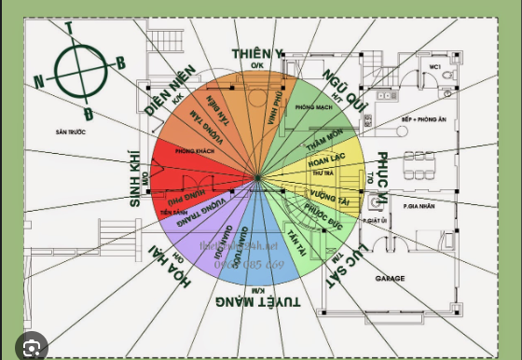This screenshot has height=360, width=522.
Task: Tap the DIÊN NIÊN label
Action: coord(170,90)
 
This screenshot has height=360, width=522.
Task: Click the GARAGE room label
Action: coord(390,278)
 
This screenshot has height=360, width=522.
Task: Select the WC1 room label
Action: coord(435,68)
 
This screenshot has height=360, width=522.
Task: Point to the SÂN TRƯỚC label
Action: coord(70,132)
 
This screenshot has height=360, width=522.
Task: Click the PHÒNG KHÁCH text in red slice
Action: coord(194,150)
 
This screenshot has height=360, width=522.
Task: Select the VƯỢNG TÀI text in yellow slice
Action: coord(328,198)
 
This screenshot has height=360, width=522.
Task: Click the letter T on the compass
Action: coord(69,28)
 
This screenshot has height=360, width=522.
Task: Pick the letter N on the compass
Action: coord(39,82)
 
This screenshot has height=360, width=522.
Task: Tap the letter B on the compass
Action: coord(120,63)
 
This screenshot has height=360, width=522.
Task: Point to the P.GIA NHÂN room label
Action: coord(420,204)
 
